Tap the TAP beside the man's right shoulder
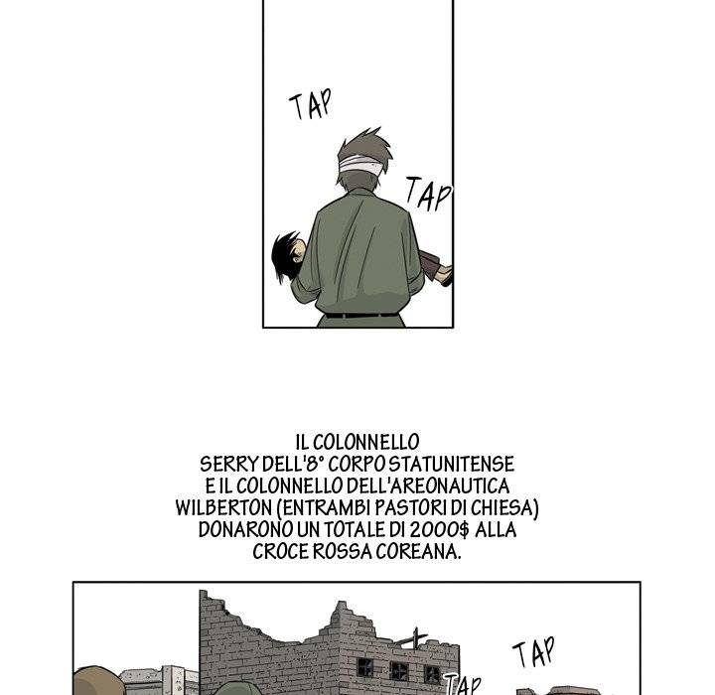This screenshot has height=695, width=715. pyautogui.click(x=429, y=195)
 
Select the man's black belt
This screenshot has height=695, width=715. pyautogui.click(x=361, y=316)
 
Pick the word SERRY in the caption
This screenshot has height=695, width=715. pyautogui.click(x=224, y=465)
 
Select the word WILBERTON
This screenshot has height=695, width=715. pyautogui.click(x=221, y=508)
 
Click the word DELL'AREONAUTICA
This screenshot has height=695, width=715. pyautogui.click(x=429, y=486)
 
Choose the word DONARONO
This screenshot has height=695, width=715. pyautogui.click(x=242, y=530)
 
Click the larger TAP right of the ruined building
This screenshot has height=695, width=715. pyautogui.click(x=532, y=654)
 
